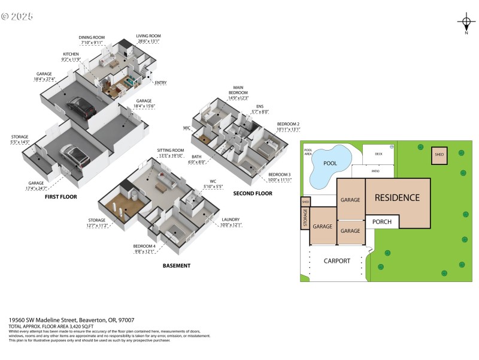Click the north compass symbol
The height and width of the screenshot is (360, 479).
[x=466, y=23]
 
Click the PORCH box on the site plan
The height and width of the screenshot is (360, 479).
[x=382, y=221]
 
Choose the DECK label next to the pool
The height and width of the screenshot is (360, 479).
[x=378, y=154]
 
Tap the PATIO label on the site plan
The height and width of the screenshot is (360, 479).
[x=375, y=171]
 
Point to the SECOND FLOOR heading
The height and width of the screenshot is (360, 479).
[x=253, y=193]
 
